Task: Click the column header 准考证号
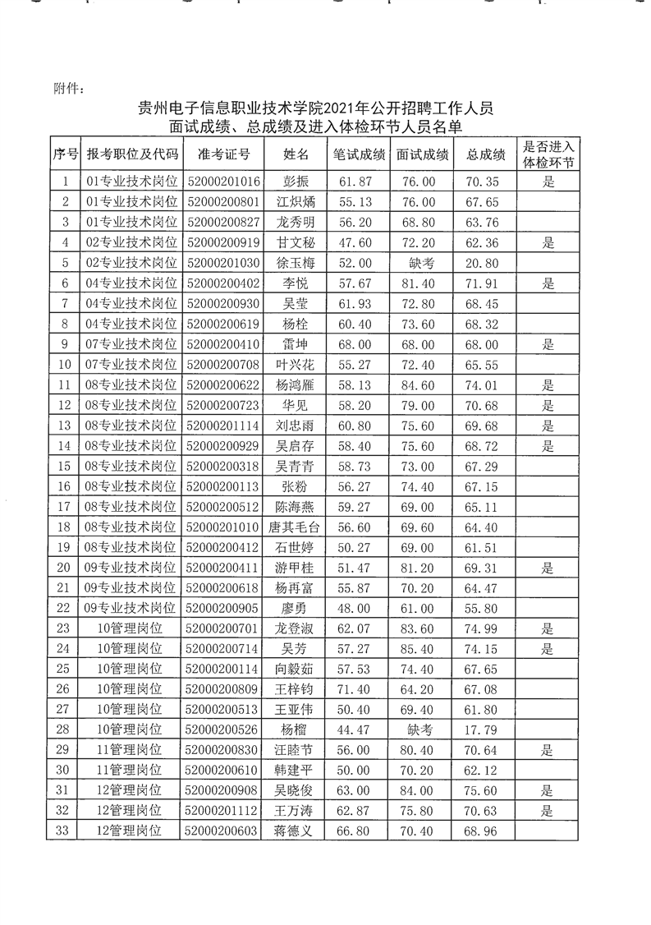pos(223,154)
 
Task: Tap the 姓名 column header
pos(296,154)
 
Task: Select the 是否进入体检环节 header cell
pos(549,154)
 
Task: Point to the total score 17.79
pos(484,729)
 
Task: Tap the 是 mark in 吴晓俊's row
pos(549,790)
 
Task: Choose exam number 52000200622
pos(223,385)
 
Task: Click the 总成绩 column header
pos(484,154)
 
